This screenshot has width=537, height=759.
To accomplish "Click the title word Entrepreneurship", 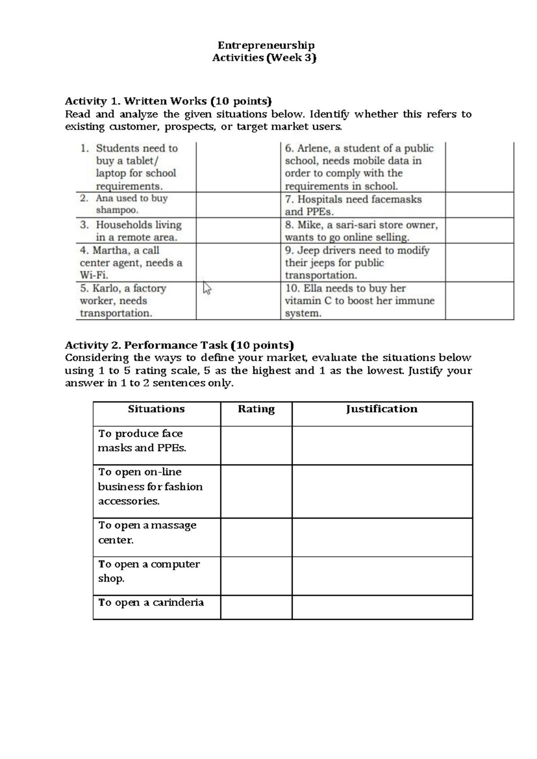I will (266, 45).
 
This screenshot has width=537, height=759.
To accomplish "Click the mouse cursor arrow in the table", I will (207, 288).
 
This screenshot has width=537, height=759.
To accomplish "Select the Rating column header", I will (256, 409).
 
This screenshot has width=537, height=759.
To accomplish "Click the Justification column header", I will (382, 409).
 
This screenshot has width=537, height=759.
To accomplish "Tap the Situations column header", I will (156, 409).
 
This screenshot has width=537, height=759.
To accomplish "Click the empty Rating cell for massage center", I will (256, 537).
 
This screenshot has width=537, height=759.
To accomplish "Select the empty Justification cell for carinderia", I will (382, 607).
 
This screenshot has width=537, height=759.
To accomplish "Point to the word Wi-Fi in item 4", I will (94, 276).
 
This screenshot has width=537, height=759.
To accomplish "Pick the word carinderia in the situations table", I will (178, 602).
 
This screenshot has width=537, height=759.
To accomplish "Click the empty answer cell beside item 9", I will (479, 263).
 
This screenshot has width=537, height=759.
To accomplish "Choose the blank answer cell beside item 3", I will (238, 231).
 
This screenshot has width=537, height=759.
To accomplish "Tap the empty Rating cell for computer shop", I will (256, 576).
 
